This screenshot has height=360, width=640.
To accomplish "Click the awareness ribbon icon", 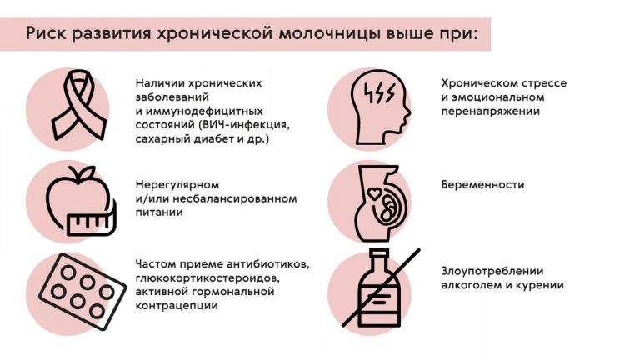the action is click(78, 105).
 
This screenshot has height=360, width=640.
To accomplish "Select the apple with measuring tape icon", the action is click(81, 200).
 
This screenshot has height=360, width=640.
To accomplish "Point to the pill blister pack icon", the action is click(82, 291).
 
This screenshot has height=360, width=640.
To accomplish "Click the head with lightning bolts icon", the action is click(380, 107).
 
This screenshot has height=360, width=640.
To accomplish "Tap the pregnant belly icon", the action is click(378, 202).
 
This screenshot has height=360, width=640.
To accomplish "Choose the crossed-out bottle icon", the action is click(380, 288).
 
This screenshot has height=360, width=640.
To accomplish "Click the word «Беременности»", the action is click(482, 185).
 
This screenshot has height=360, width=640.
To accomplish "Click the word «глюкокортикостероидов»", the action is click(207, 278).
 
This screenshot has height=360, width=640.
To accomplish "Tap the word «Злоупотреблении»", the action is click(492, 271).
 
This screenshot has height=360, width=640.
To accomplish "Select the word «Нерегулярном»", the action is click(177, 185).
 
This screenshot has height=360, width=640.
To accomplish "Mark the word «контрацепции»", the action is click(177, 306).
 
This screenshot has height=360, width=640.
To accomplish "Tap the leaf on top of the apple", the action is click(87, 172).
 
